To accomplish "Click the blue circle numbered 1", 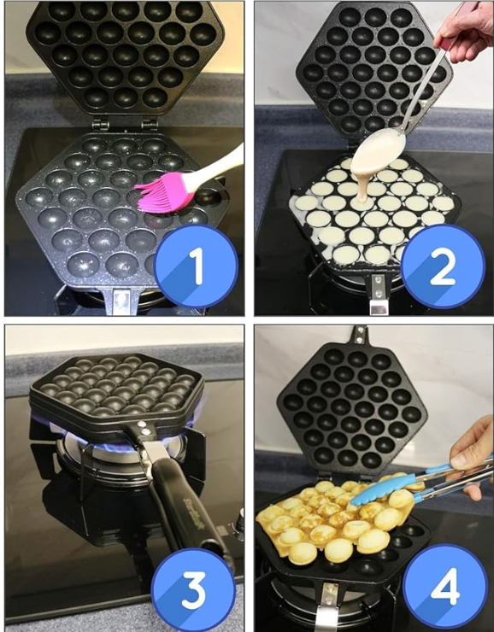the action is coord(196,266).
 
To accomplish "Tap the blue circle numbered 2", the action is coord(443,266).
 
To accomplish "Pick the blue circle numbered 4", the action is coord(444,587).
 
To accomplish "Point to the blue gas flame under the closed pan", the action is coord(121,442).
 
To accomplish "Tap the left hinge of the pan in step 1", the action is coord(100,124).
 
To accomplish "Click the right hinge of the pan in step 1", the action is coord(150,124).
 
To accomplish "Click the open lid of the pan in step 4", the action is coord(351,407).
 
